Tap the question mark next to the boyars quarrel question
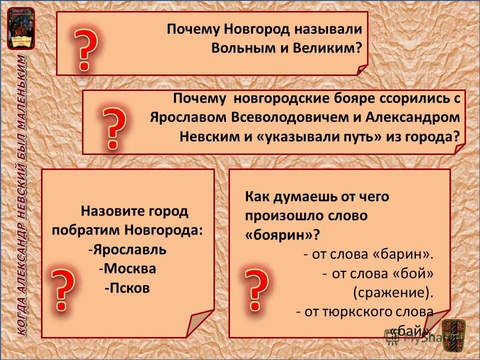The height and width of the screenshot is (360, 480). tap(114, 128)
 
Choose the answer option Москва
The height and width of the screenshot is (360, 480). tap(129, 269)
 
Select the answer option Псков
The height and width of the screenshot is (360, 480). tap(128, 288)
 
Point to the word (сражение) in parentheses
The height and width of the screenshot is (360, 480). tap(393, 292)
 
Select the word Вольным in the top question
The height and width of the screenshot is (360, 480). tap(240, 48)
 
